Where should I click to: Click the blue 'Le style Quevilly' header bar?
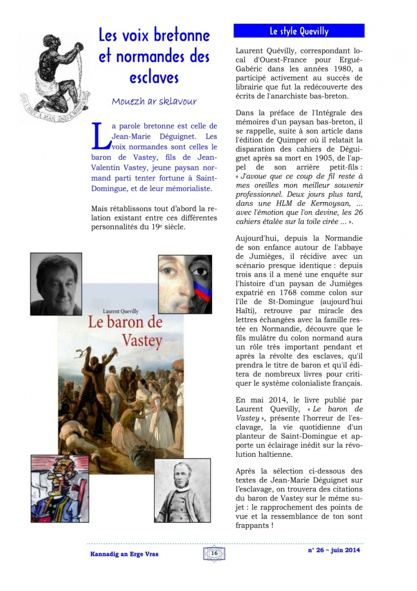click(x=298, y=31)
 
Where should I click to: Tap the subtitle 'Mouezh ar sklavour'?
click(x=154, y=101)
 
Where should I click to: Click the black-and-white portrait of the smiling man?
click(x=56, y=284)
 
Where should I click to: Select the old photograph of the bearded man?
click(x=183, y=490)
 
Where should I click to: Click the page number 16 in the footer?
click(x=213, y=554)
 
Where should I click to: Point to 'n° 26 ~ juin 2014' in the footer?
click(x=334, y=550)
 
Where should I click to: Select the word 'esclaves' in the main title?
click(x=154, y=78)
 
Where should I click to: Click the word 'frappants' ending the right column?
click(x=253, y=525)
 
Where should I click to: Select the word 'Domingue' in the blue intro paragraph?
click(x=114, y=189)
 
